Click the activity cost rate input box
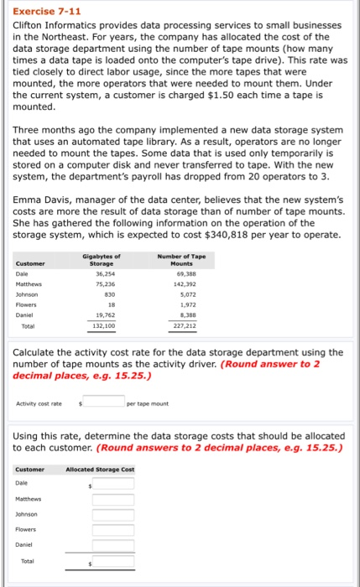(103, 402)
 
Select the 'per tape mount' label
(149, 403)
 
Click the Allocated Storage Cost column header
(101, 469)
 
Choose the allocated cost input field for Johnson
(112, 515)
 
